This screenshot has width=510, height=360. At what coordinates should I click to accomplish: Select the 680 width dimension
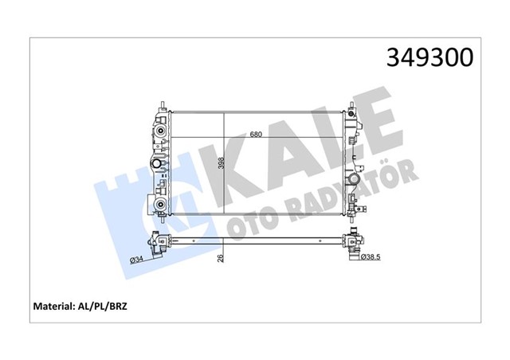[256, 134]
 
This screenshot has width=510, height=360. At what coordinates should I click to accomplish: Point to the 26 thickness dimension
[221, 257]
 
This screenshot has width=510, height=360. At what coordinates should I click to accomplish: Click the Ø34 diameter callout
[138, 259]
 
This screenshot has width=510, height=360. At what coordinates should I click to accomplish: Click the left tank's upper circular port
[161, 129]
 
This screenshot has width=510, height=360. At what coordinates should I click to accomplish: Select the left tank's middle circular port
[159, 165]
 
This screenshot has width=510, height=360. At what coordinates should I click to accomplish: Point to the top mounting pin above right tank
[351, 106]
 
